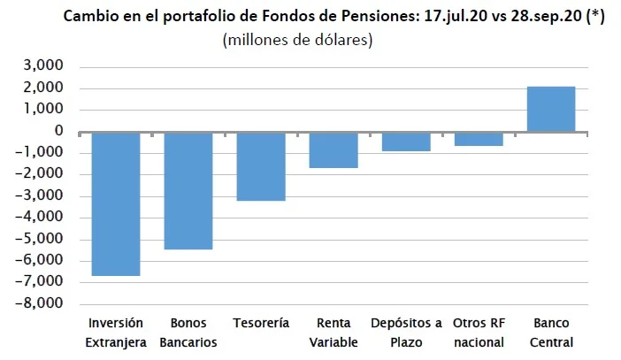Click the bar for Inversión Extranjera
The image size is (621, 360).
click(116, 203)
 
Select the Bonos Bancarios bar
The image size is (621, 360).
click(188, 190)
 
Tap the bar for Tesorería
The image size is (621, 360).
click(261, 166)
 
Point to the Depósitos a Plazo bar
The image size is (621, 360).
click(406, 142)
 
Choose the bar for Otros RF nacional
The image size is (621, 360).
click(479, 139)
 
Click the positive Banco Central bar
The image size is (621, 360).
click(551, 109)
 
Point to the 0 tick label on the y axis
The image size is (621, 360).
click(59, 132)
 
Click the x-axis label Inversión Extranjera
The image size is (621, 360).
click(116, 333)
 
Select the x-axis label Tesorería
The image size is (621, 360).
click(261, 324)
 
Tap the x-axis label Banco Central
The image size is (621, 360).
click(551, 333)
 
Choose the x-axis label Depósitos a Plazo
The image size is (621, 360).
click(406, 333)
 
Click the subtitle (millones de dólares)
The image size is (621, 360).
click(297, 40)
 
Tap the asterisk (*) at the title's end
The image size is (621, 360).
click(594, 17)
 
